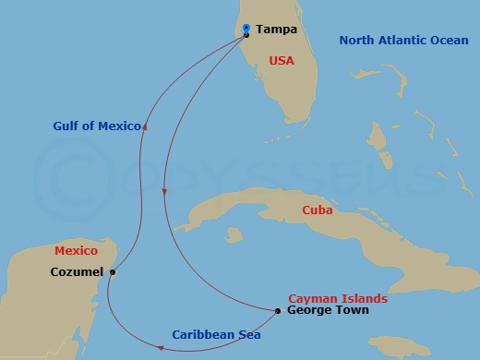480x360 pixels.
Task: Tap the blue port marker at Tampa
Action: (x=246, y=29)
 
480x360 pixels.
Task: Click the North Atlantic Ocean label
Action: (x=403, y=40)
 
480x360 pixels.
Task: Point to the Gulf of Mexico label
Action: (x=96, y=126)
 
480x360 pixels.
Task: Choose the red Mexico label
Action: (x=76, y=250)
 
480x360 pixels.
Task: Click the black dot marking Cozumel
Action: (x=113, y=272)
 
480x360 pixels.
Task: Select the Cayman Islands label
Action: (x=338, y=299)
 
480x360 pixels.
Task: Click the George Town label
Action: (x=328, y=311)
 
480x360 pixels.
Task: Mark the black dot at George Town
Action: (x=279, y=311)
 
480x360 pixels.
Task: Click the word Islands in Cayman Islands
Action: (x=363, y=299)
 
